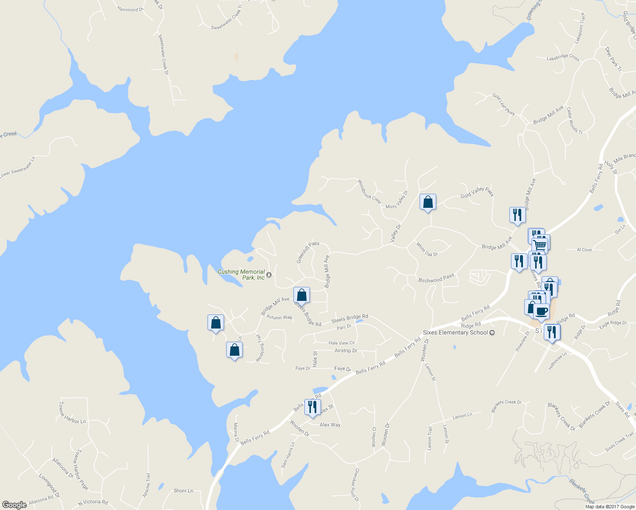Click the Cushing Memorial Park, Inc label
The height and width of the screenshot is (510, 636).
pos(241,275)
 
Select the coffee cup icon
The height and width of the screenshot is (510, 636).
pos(541,312)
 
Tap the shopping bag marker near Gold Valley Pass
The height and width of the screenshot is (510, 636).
pos(428,202)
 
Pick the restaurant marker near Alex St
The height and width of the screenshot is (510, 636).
pos(312,407)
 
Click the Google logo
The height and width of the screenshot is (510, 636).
pos(14,504)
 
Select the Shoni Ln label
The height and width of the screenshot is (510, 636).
pos(183,490)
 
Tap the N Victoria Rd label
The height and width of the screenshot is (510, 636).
pos(93,502)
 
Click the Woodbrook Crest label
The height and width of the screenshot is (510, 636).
pos(369,192)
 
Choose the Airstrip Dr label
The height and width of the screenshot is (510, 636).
pos(346,351)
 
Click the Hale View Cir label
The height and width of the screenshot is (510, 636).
pos(341,343)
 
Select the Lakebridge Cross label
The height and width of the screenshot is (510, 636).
pos(563,57)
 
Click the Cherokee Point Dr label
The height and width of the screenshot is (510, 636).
pos(356,484)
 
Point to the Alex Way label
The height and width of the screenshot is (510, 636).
pos(330,425)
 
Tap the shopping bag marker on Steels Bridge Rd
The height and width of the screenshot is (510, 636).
pos(301,295)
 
